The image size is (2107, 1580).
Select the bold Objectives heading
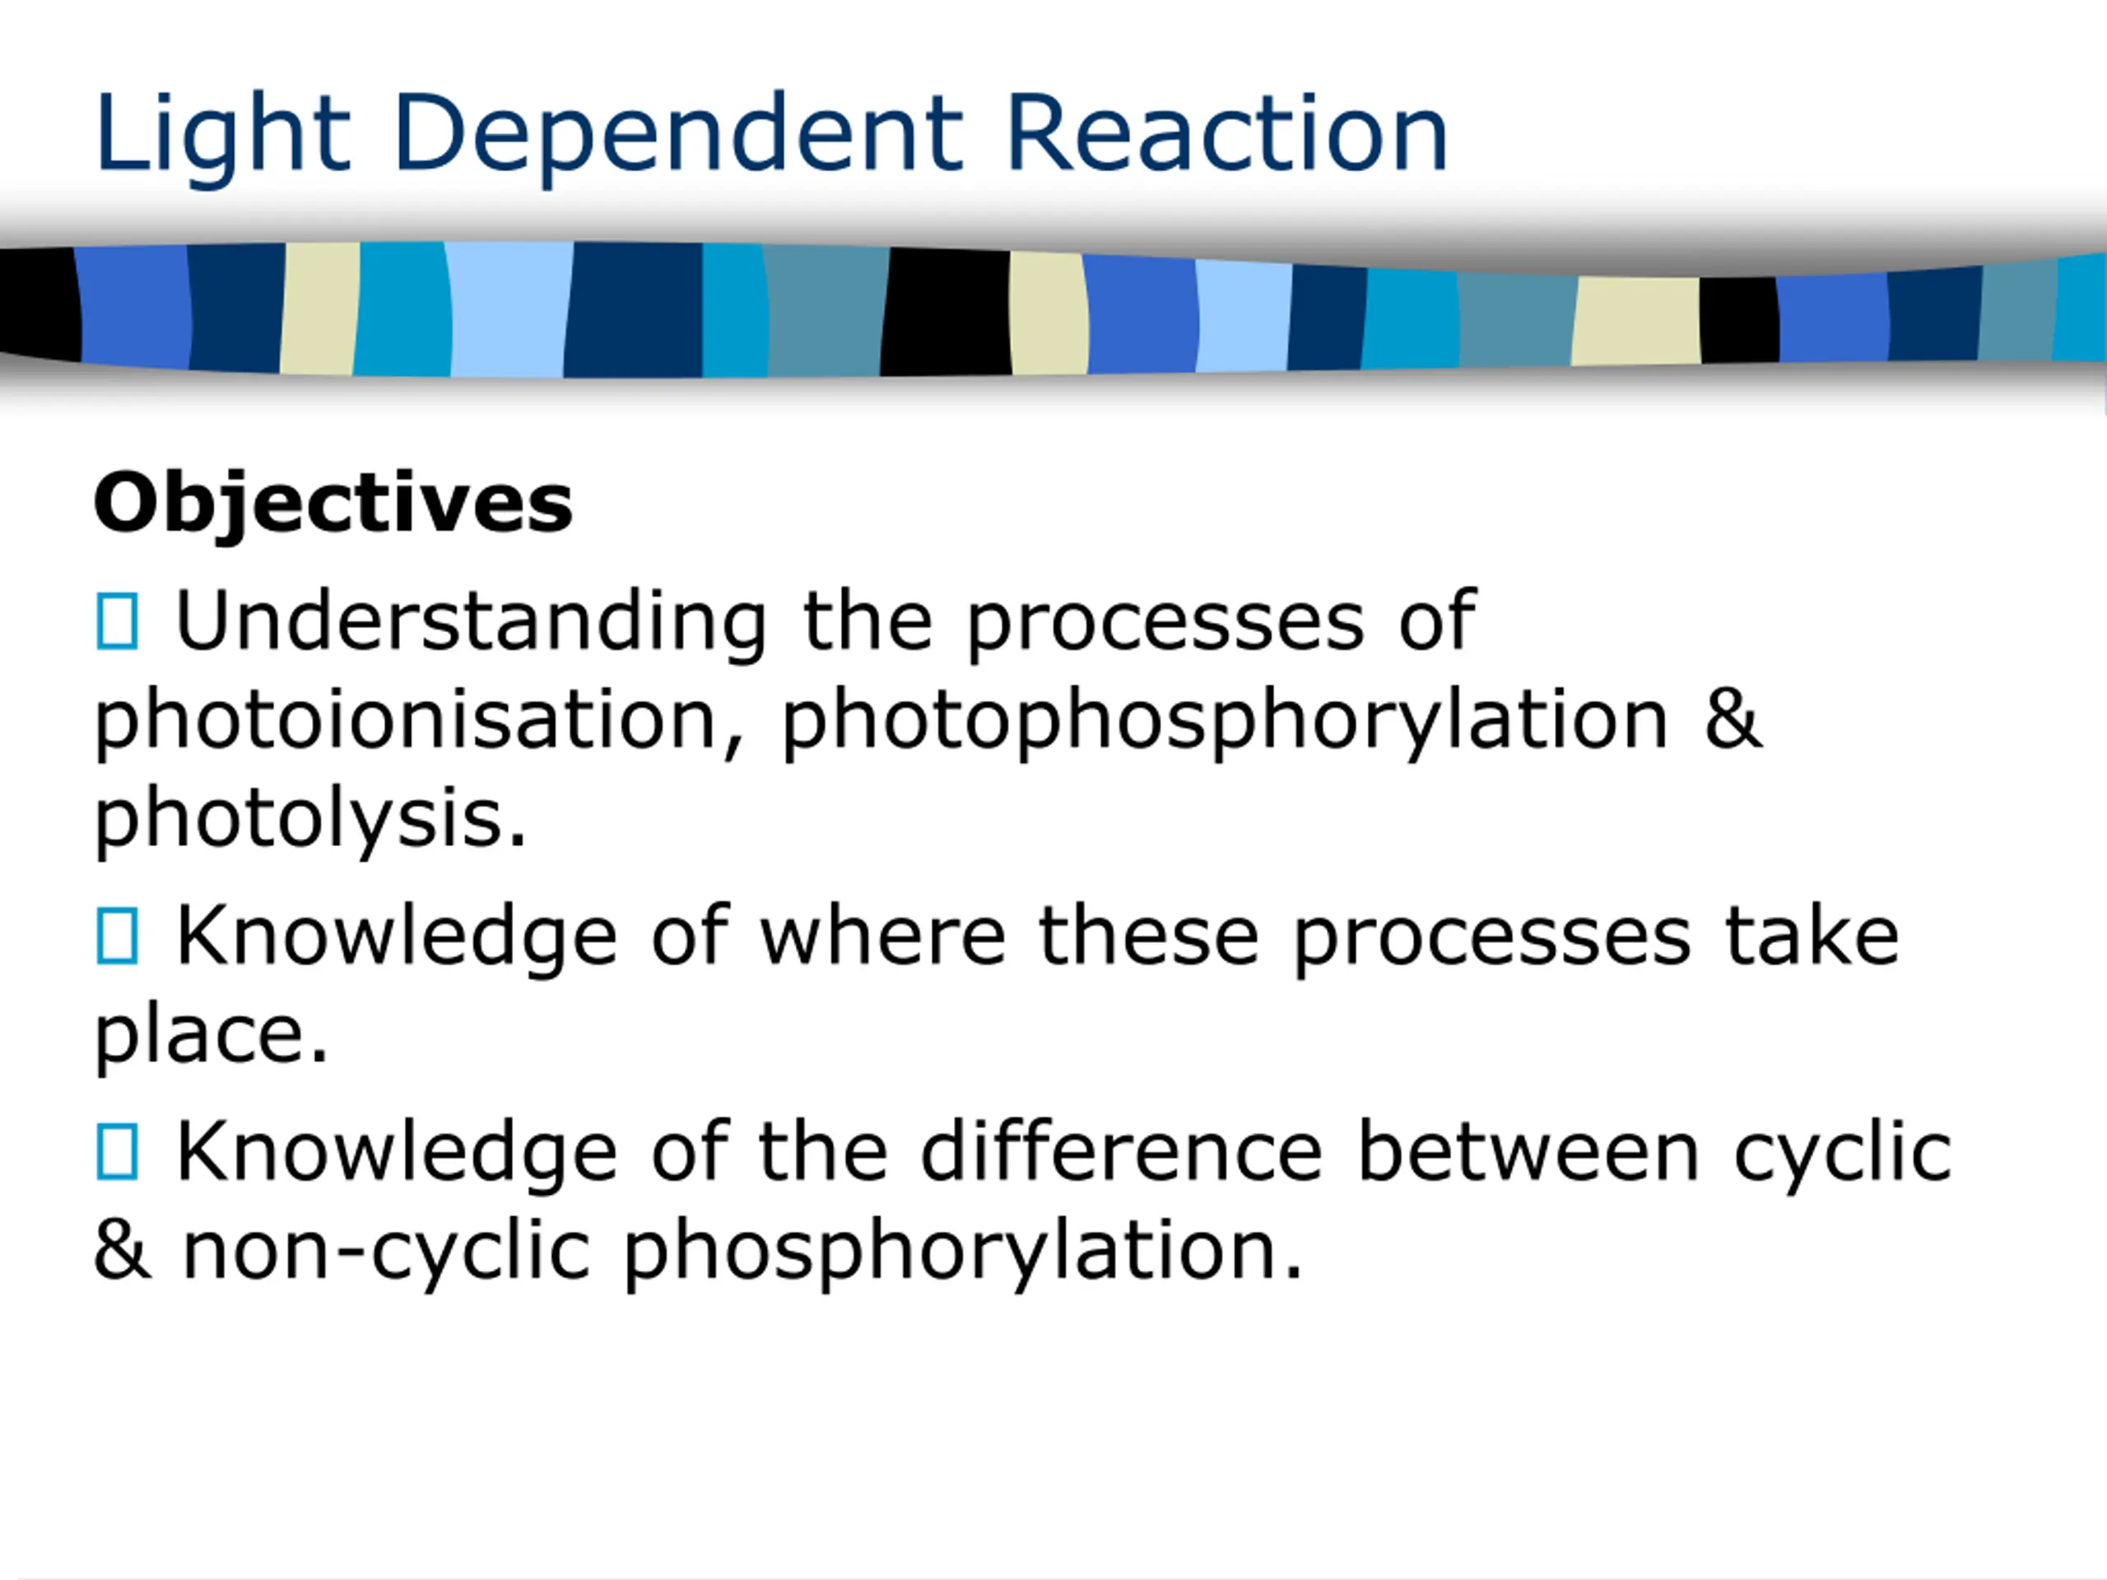tap(333, 504)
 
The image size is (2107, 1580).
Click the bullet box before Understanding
tap(117, 622)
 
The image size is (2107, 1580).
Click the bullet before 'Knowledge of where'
tap(117, 936)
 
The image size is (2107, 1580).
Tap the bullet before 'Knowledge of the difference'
tap(117, 1151)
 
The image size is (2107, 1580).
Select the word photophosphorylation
tap(1225, 723)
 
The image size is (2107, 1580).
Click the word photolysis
tap(310, 822)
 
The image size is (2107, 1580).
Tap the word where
tap(882, 937)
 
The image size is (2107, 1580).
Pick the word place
tap(212, 1037)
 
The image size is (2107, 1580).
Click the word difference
tap(1122, 1151)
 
